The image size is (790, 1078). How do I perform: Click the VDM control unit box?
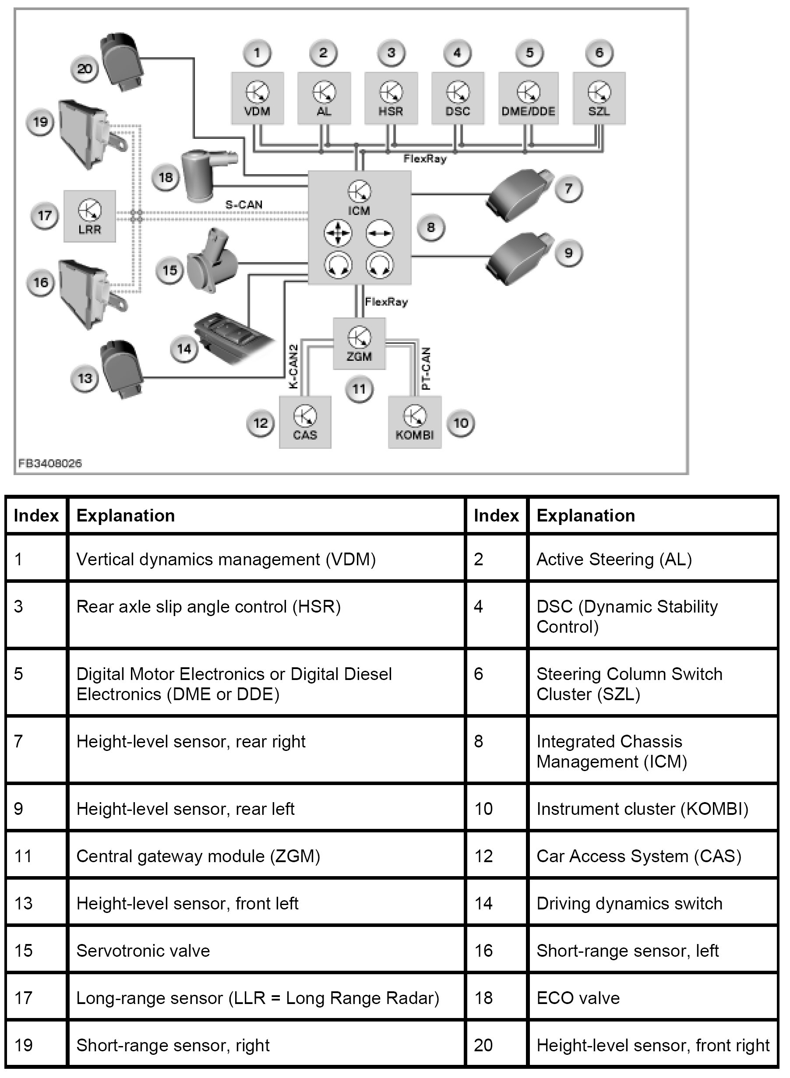pyautogui.click(x=257, y=99)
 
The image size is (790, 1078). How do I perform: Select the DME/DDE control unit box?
pyautogui.click(x=529, y=99)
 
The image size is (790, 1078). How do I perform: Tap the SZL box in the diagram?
pyautogui.click(x=599, y=99)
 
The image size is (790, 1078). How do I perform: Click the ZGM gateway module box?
pyautogui.click(x=359, y=344)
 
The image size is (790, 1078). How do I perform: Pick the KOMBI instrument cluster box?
pyautogui.click(x=414, y=422)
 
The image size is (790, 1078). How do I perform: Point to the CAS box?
pyautogui.click(x=305, y=422)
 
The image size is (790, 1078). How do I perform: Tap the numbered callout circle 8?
pyautogui.click(x=430, y=228)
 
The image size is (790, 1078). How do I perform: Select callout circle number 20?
pyautogui.click(x=85, y=68)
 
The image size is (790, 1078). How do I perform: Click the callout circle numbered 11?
pyautogui.click(x=359, y=389)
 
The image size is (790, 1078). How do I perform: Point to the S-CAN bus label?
pyautogui.click(x=244, y=204)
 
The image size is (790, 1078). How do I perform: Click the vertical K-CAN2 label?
pyautogui.click(x=293, y=366)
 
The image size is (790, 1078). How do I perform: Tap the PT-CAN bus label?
pyautogui.click(x=426, y=368)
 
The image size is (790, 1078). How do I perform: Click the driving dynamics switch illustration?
pyautogui.click(x=229, y=337)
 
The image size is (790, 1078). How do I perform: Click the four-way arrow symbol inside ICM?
pyautogui.click(x=338, y=234)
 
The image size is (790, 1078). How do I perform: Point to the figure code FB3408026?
pyautogui.click(x=50, y=463)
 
